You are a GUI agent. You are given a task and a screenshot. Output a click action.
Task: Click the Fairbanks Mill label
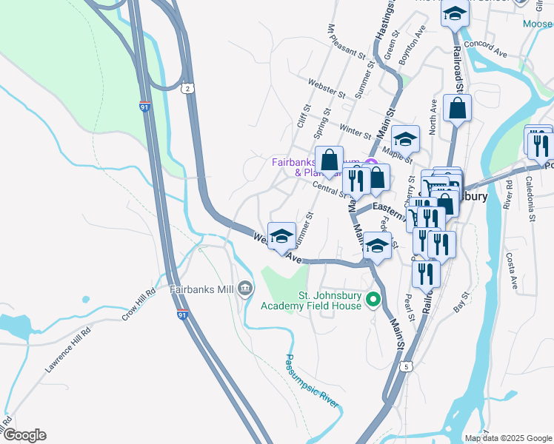pyautogui.click(x=201, y=289)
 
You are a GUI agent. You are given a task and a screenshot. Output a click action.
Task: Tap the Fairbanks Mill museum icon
pyautogui.click(x=244, y=289)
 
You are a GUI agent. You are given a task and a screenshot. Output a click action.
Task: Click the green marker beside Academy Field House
pyautogui.click(x=373, y=300)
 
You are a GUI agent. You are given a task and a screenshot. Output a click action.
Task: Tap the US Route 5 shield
pyautogui.click(x=406, y=366)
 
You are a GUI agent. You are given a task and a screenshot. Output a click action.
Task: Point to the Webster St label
pyautogui.click(x=327, y=88)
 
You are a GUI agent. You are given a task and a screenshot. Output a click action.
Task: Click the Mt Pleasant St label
pyautogui.click(x=347, y=42)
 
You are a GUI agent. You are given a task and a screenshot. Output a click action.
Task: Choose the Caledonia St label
pyautogui.click(x=531, y=199)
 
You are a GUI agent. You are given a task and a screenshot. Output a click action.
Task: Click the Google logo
pyautogui.click(x=24, y=435)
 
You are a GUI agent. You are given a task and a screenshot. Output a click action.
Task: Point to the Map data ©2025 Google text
pyautogui.click(x=508, y=438)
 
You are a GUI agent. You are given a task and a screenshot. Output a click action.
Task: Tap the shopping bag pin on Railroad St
pyautogui.click(x=458, y=109)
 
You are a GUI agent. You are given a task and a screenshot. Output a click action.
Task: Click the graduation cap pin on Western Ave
pyautogui.click(x=281, y=237)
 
